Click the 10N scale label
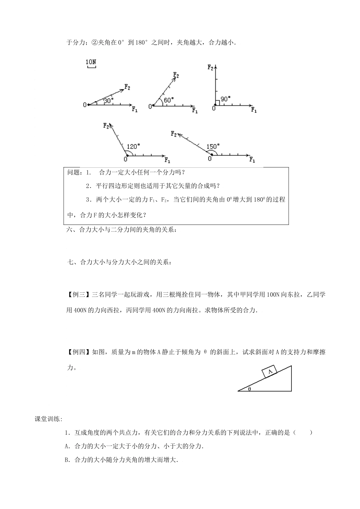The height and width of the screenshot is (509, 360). point(91,61)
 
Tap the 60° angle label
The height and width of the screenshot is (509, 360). point(169,100)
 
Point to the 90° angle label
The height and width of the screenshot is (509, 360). point(225,99)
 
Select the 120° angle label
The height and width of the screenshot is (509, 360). point(133,146)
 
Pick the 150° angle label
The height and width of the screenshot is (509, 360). point(213,146)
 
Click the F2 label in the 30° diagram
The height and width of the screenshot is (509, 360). point(127,87)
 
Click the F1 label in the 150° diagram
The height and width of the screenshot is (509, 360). point(252,160)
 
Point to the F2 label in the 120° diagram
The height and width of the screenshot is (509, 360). point(106,125)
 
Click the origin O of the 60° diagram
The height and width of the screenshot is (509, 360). point(150,106)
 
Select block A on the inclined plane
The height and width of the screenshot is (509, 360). point(270,372)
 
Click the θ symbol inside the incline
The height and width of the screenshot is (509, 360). point(249,388)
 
